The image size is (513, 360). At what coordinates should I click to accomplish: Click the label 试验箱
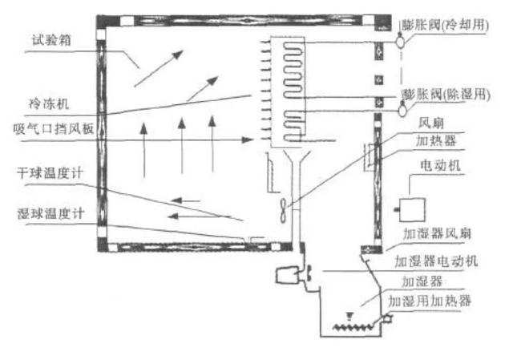[51, 40]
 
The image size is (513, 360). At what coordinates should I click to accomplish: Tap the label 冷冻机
[49, 104]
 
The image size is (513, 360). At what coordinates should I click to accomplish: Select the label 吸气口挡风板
[54, 128]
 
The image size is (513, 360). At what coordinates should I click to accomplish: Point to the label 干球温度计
[50, 173]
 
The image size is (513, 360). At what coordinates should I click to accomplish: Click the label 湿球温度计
[50, 214]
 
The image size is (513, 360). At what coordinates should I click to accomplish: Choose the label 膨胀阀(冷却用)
[446, 25]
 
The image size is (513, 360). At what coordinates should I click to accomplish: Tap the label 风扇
[431, 123]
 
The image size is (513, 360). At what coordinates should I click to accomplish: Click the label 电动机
[440, 165]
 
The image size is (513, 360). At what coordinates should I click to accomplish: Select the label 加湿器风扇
[437, 233]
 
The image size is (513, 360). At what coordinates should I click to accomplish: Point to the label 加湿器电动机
[436, 261]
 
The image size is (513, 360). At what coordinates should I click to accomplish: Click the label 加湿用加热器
[430, 301]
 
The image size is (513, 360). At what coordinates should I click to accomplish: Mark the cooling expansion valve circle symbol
[401, 42]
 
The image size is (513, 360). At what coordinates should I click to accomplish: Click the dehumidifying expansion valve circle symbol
[402, 111]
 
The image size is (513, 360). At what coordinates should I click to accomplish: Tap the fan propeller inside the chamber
[283, 210]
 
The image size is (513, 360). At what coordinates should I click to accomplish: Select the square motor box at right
[412, 210]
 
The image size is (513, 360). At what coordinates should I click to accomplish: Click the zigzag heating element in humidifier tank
[353, 326]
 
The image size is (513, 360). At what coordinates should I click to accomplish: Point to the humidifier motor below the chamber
[287, 276]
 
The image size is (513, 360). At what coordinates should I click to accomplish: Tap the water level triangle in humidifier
[349, 316]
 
